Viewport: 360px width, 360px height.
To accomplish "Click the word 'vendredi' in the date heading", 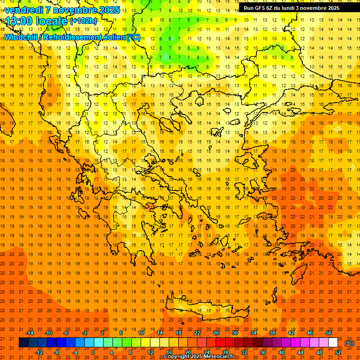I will click(23, 9).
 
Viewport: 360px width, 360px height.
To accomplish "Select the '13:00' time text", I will click(19, 21).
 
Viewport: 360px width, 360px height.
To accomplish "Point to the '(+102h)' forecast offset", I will click(83, 21).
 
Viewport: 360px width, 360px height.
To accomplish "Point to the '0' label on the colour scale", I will click(93, 352).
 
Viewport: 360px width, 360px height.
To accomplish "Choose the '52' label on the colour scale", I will click(337, 352).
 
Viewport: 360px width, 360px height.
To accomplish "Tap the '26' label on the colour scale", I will click(216, 333).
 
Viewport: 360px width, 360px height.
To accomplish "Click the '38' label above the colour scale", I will click(272, 333).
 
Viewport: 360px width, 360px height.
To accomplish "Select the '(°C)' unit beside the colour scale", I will click(349, 343).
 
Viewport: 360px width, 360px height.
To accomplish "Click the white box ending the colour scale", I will click(333, 343).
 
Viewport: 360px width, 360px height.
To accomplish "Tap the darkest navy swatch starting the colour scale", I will click(24, 343).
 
